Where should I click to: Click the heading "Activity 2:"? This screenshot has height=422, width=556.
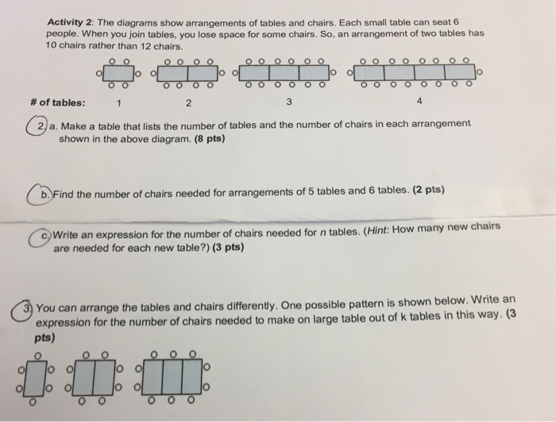tap(70, 22)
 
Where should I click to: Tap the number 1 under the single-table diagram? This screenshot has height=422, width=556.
tap(118, 103)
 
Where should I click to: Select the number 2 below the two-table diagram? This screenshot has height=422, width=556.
tap(187, 103)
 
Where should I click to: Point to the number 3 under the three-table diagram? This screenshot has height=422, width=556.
tap(289, 103)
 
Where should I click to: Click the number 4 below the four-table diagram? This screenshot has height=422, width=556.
tap(419, 103)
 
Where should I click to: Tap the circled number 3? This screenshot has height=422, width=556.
tap(29, 307)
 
